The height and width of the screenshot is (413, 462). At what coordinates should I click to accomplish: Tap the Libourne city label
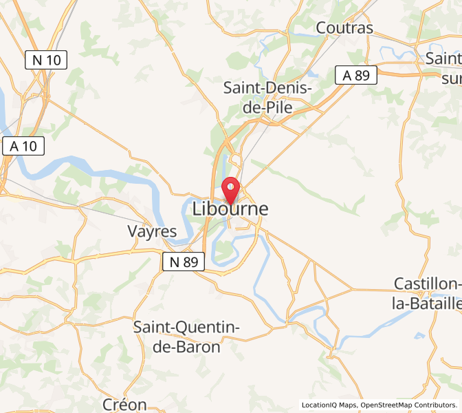pos(230,209)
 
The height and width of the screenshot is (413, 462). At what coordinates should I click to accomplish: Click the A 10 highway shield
pos(24,146)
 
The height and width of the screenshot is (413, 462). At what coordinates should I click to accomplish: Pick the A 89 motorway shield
pos(356,75)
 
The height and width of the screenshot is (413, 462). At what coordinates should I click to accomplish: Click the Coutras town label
pos(344,28)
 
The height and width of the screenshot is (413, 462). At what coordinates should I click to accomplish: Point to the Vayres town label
pos(152,231)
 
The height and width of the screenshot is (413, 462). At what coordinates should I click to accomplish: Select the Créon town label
pos(124,404)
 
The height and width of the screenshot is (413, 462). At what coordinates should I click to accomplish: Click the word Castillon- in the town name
pos(427,284)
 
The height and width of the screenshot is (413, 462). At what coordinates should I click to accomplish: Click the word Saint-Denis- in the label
pos(269,88)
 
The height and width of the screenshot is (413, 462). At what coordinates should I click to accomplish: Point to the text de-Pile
pos(269,107)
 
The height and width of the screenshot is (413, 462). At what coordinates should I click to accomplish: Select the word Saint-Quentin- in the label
pos(186,327)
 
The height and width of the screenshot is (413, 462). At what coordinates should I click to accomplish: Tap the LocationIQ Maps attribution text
pos(329,405)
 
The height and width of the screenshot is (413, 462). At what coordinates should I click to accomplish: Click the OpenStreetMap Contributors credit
pos(408,405)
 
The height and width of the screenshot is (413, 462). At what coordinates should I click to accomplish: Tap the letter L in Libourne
pos(199,209)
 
